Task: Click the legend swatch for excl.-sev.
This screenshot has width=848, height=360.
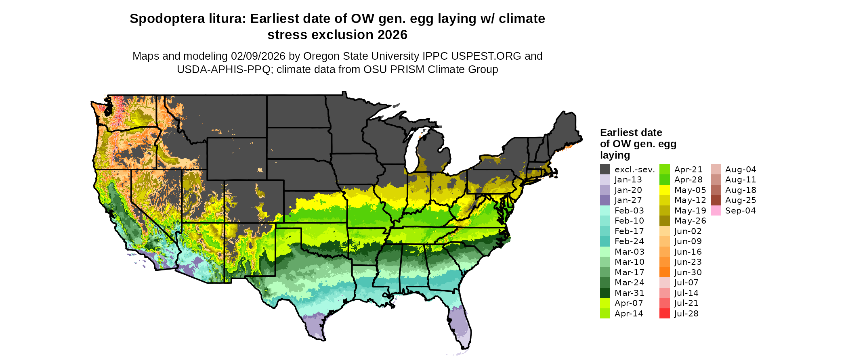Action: coord(605,170)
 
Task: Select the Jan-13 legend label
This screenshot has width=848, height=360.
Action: coord(628,180)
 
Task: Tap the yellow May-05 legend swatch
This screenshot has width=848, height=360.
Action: coord(664,190)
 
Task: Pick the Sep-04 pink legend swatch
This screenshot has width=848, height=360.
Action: coord(716,211)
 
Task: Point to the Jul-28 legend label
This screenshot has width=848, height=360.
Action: coord(686,314)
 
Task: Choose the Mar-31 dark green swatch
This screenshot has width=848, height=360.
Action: coord(605,293)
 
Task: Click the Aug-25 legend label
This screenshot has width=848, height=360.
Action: coord(741,200)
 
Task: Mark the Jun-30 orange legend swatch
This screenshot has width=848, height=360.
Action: coord(664,272)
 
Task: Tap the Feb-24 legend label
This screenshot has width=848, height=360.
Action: coord(629,241)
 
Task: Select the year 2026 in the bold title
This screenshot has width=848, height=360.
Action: coord(393,35)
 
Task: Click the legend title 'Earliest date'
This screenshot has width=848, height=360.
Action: coord(631,133)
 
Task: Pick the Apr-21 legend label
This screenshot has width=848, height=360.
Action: coord(688,170)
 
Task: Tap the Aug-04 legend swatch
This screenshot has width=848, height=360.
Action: coord(716,170)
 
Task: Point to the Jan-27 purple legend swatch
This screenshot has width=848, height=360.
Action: coord(605,200)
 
